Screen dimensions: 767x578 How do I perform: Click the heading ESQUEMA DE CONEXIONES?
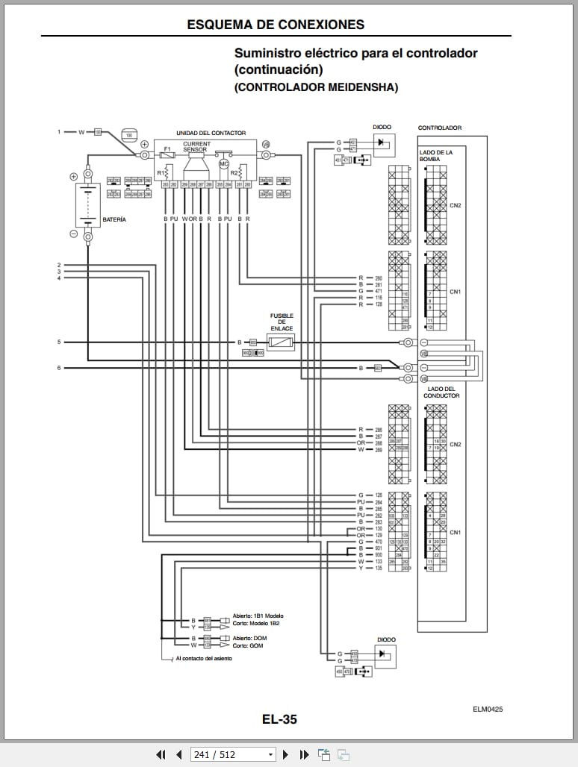tap(276, 25)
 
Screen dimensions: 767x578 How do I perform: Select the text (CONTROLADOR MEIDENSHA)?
tap(316, 87)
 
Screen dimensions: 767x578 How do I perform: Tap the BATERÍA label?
tap(114, 219)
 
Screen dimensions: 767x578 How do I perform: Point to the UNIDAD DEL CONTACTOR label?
tap(211, 133)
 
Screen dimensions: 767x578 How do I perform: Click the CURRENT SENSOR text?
tap(196, 147)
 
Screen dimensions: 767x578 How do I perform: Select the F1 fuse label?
tap(167, 149)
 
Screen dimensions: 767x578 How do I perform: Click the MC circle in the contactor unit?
tap(222, 163)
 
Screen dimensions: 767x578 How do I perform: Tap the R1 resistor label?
tap(161, 172)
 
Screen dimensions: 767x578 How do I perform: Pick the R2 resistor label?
tap(234, 172)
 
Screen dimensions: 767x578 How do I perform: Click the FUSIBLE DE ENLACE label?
tap(282, 322)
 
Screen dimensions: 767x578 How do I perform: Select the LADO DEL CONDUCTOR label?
tap(441, 392)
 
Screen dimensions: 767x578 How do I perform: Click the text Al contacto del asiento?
tap(203, 660)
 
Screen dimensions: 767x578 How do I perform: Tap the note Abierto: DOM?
tap(249, 638)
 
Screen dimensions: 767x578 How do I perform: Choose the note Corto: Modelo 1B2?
tap(256, 623)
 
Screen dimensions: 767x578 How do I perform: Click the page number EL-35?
tap(279, 719)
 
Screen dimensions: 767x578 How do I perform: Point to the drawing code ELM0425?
tap(487, 710)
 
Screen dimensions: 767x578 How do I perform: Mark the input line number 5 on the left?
tap(59, 342)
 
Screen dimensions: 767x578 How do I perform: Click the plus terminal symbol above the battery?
tap(73, 177)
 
